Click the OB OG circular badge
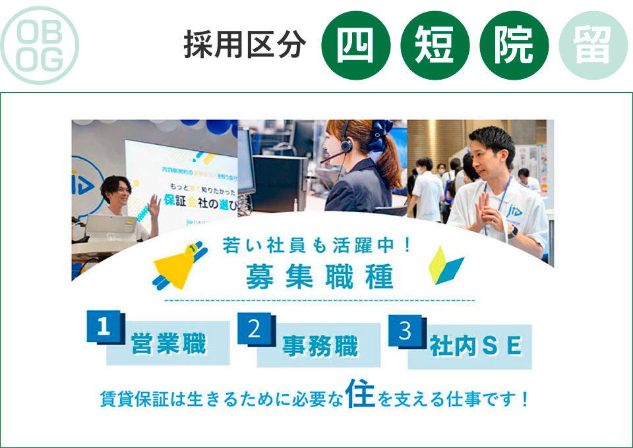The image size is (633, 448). pyautogui.click(x=40, y=45)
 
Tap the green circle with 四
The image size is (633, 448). pyautogui.click(x=356, y=46)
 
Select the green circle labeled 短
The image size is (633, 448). pyautogui.click(x=435, y=46)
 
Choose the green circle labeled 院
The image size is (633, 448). pyautogui.click(x=514, y=46)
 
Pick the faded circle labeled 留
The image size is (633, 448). pyautogui.click(x=593, y=46)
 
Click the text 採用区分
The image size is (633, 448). pyautogui.click(x=245, y=46)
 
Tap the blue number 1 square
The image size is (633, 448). pyautogui.click(x=104, y=327)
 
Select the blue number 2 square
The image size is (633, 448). pyautogui.click(x=255, y=329)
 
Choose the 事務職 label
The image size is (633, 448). pyautogui.click(x=320, y=346)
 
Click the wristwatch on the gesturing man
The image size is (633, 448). pyautogui.click(x=512, y=231)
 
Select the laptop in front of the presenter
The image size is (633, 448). pyautogui.click(x=104, y=226)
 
